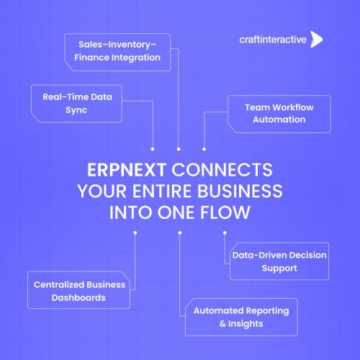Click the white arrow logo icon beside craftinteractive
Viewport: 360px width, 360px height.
(x=317, y=39)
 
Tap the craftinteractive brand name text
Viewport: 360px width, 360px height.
(x=273, y=40)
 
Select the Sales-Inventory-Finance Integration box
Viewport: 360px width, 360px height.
(x=117, y=52)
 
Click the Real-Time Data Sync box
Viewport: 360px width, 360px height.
(x=76, y=104)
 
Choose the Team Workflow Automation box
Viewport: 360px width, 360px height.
(x=279, y=114)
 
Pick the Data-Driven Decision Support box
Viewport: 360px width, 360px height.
(x=279, y=261)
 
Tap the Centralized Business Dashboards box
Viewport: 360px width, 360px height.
(x=79, y=290)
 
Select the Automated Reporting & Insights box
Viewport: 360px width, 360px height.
(x=241, y=317)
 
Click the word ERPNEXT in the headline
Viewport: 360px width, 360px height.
(x=127, y=170)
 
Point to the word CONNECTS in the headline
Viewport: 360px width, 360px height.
(x=222, y=170)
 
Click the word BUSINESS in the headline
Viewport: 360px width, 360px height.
(x=240, y=192)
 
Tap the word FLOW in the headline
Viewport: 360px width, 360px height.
(x=225, y=212)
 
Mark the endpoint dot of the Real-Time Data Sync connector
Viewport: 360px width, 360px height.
(x=153, y=149)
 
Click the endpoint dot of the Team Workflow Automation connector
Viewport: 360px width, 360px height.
(x=204, y=149)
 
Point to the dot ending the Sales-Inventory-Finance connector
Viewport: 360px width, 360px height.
(x=179, y=149)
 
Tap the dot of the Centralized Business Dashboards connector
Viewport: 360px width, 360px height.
(x=135, y=233)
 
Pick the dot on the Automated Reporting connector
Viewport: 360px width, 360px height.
(x=180, y=233)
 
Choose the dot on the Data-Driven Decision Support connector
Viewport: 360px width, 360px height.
(x=225, y=233)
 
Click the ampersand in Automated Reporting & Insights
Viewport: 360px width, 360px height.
(x=222, y=324)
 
